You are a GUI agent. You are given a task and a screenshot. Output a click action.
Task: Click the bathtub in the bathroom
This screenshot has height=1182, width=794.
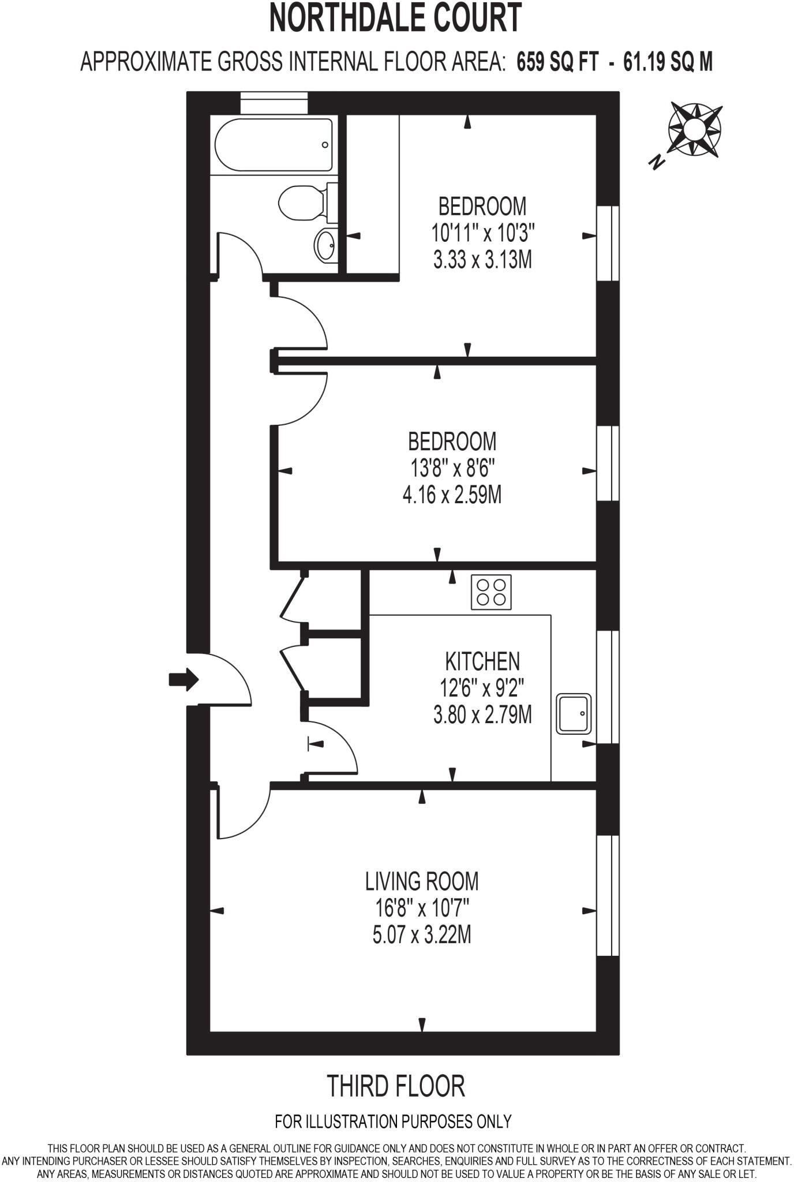click(274, 145)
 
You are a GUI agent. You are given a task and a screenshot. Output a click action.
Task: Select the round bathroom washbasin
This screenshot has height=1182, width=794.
click(325, 246)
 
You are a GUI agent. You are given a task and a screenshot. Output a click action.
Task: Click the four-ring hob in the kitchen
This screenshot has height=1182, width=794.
click(491, 592)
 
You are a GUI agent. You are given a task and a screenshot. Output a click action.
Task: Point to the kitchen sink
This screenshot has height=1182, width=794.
click(574, 713)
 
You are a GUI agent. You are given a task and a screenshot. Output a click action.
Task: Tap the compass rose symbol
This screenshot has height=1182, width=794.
click(695, 129)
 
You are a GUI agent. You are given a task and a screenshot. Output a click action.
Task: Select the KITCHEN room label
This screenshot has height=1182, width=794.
click(482, 661)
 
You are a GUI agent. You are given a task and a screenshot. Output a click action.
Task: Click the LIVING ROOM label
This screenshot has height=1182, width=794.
click(422, 881)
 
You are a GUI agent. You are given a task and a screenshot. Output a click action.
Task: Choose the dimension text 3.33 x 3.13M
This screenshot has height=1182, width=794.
click(482, 260)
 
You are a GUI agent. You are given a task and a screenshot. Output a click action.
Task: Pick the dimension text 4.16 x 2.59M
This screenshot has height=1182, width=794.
click(452, 495)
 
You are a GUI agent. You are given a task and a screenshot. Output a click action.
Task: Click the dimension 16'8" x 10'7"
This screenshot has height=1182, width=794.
click(422, 908)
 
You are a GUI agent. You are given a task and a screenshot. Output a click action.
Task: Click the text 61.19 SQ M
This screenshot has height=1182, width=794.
click(668, 61)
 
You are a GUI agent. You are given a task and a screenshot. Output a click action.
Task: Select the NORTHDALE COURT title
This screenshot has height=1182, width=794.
click(396, 18)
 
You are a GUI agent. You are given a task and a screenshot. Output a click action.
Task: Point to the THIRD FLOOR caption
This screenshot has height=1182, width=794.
click(396, 1086)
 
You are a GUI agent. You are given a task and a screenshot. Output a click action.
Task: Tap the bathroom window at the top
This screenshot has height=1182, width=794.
click(274, 103)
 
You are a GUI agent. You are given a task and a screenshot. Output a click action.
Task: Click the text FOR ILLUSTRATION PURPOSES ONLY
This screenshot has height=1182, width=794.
click(394, 1121)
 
